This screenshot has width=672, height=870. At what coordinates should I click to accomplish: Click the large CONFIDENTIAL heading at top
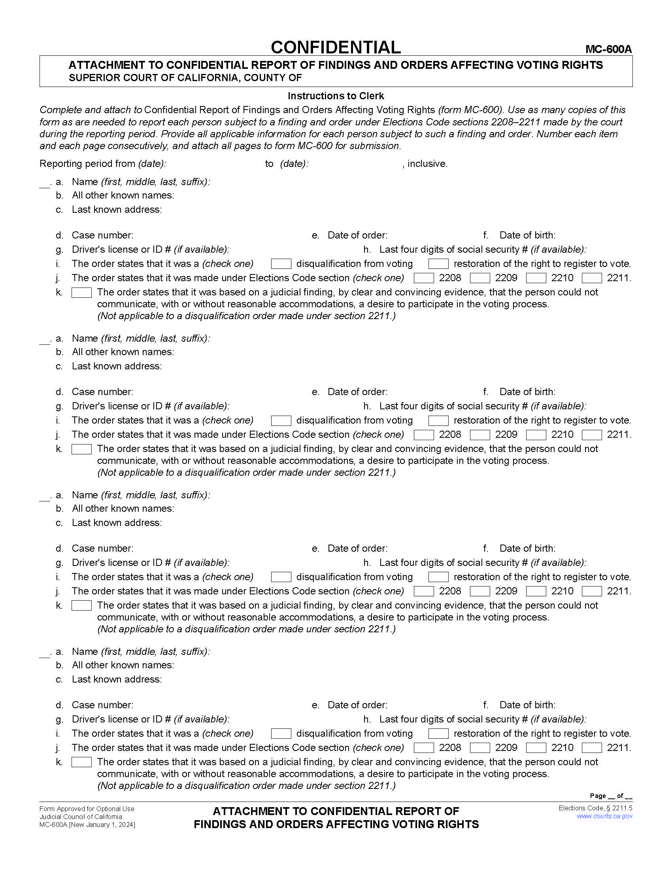336,47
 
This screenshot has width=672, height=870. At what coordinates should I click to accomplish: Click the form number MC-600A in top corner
608,49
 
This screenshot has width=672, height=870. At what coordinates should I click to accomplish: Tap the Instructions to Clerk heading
336,96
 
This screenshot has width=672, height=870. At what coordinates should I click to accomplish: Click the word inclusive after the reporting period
427,164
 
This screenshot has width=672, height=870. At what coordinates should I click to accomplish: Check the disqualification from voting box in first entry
281,264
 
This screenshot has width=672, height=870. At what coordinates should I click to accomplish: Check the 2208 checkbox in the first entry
424,278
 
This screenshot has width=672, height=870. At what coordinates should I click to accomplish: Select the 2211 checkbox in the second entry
592,435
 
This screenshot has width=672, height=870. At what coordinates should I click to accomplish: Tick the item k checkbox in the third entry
81,605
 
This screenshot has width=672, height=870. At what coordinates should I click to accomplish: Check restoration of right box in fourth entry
438,733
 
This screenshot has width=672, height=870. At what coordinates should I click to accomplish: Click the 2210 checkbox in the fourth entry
536,748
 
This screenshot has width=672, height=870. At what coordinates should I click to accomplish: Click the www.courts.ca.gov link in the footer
604,816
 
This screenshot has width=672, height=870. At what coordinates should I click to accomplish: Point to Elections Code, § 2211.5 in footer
595,808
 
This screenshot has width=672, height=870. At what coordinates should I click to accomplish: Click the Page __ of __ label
610,796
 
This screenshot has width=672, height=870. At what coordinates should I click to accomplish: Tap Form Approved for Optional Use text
87,809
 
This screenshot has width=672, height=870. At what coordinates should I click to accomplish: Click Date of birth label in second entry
527,392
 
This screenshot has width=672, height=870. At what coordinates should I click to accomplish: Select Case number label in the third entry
102,548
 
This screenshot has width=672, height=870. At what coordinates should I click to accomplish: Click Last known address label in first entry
117,210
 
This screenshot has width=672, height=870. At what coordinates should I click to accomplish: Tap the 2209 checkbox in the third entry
480,591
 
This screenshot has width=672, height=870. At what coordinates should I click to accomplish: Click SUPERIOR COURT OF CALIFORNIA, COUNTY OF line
185,78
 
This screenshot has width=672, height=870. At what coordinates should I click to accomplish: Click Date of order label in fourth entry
357,705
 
